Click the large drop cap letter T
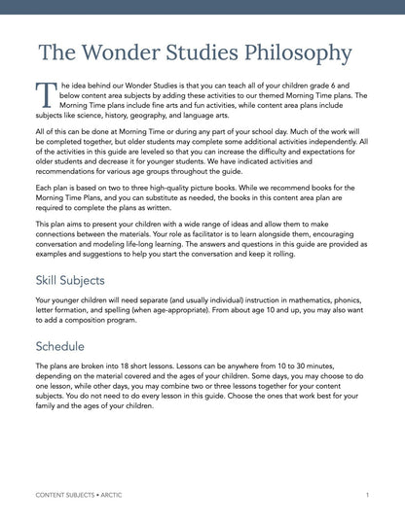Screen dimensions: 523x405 click(x=45, y=95)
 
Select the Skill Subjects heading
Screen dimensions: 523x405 click(x=76, y=280)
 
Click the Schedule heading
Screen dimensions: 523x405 click(x=59, y=345)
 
